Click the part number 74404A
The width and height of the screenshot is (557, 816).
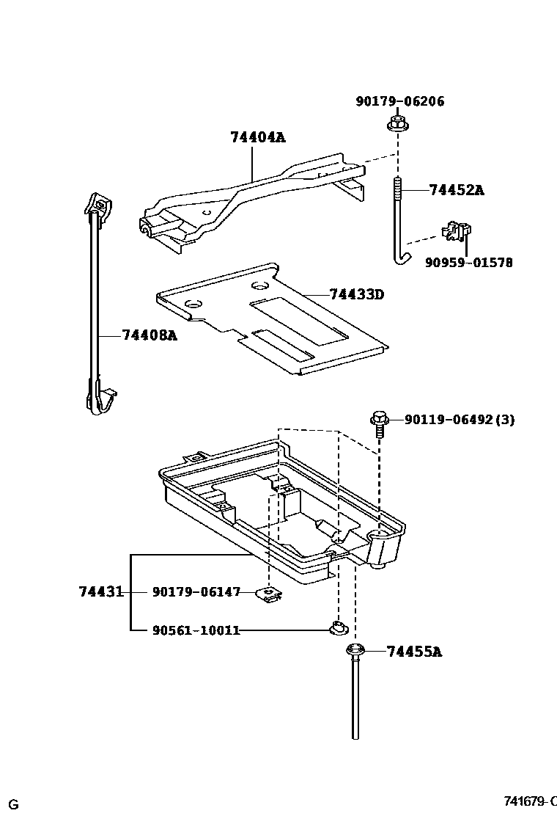coord(257,136)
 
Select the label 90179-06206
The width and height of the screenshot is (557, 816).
coord(400,101)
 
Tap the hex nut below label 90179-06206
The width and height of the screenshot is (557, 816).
coord(397,125)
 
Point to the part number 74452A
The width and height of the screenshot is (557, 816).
coord(456,190)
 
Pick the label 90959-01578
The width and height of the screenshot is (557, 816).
coord(468,262)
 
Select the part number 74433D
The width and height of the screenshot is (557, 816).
coord(357,294)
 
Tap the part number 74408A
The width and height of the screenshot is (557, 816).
coord(150,335)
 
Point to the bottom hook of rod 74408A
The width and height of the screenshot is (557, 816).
coord(100,401)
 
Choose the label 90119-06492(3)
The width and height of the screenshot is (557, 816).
coord(460,420)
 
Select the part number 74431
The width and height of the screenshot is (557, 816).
coord(101,591)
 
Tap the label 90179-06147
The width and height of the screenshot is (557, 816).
coord(196,591)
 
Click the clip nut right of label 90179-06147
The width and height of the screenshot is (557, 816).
coord(270,593)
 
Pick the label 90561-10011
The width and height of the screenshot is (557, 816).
coord(196,630)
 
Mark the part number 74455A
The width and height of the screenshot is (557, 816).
coord(414,651)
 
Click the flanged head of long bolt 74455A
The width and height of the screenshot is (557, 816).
coord(355,650)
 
